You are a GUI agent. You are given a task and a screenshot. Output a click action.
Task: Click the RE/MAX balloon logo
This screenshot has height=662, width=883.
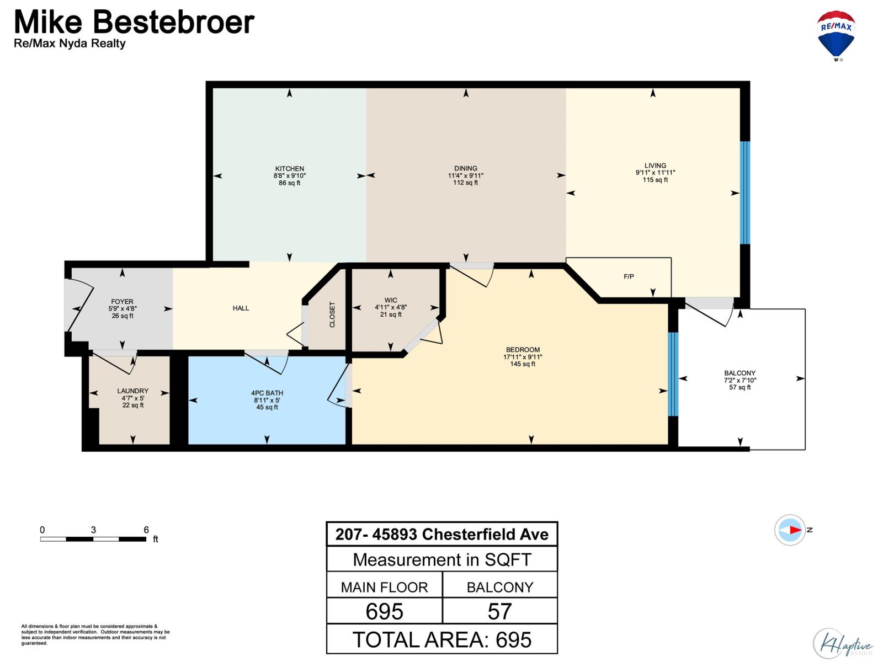[836, 35]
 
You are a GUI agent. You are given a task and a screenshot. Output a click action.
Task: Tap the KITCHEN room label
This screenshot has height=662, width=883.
[290, 169]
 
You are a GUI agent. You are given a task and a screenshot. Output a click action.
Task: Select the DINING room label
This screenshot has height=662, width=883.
[466, 168]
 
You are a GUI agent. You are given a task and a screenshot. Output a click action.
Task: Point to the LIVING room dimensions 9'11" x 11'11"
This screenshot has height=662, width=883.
[655, 173]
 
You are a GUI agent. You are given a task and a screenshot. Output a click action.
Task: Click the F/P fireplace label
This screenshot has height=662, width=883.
[629, 277]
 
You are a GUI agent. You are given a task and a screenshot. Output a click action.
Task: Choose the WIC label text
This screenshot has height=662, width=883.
[391, 301]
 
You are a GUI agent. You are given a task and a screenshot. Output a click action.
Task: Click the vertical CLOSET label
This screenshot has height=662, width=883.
[332, 314]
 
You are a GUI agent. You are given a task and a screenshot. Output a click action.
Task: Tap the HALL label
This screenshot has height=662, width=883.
[241, 308]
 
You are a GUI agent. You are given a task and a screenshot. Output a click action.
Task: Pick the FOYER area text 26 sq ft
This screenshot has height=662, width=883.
[123, 316]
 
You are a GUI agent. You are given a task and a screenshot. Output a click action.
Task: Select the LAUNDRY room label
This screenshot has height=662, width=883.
[132, 391]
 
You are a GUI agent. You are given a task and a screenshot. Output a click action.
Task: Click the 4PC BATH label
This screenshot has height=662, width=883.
[267, 393]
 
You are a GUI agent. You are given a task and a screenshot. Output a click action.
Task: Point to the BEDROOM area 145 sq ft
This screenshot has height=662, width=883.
[523, 364]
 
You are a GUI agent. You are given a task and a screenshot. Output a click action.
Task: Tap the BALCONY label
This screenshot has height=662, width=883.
[740, 373]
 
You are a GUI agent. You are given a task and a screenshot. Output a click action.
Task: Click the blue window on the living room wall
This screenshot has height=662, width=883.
[744, 193]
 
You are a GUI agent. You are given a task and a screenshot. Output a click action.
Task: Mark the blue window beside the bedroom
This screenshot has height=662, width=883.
[673, 374]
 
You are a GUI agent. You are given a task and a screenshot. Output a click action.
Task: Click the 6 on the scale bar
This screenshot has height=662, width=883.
[146, 530]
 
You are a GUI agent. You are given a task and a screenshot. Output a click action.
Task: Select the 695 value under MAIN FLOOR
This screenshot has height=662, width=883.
[385, 611]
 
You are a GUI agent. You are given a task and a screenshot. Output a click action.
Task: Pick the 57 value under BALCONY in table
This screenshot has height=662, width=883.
[499, 611]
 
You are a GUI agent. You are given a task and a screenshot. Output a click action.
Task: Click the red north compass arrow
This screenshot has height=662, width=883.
[795, 530]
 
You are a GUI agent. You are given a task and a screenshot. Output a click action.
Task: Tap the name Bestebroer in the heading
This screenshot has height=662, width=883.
[173, 22]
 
